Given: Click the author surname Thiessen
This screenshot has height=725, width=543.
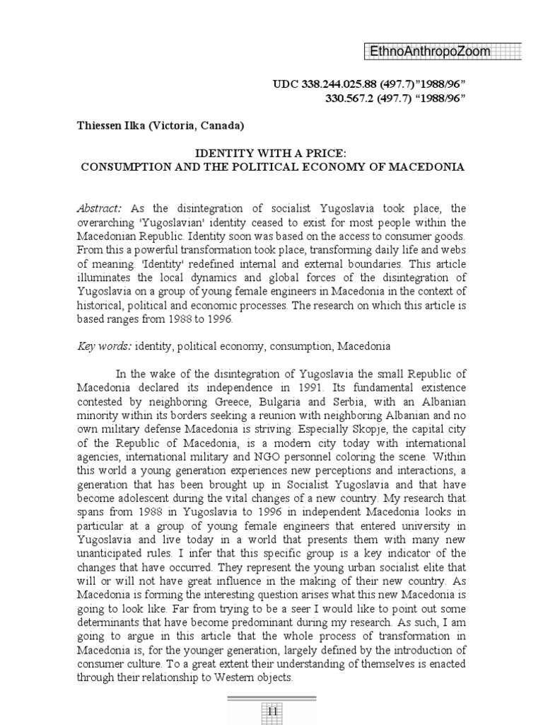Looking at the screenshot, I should [x=100, y=126].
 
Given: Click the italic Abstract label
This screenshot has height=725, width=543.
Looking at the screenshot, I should [x=98, y=208].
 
